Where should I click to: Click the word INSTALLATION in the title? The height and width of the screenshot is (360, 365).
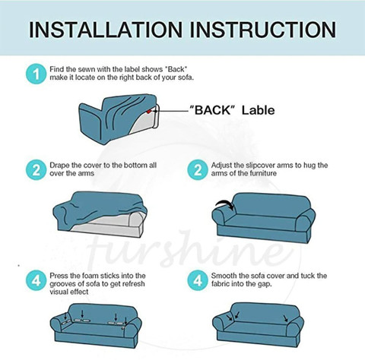click(106, 30)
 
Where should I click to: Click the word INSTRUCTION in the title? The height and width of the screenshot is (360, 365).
click(263, 30)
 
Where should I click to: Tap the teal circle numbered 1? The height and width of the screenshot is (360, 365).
click(36, 74)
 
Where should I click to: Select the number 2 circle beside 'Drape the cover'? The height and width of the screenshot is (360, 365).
click(36, 169)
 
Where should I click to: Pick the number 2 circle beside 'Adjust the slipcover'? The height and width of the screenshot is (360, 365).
click(198, 169)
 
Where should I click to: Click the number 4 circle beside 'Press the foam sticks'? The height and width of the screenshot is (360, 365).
click(36, 280)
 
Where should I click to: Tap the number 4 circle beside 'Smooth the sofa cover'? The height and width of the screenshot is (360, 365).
click(198, 280)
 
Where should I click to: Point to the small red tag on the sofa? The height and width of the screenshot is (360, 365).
click(149, 111)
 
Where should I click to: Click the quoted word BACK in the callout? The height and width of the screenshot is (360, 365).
click(213, 110)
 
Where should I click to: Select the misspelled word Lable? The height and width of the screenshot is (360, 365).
click(259, 110)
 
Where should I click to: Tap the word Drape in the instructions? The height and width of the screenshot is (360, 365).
click(59, 166)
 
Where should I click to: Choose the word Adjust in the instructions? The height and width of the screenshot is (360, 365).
click(221, 166)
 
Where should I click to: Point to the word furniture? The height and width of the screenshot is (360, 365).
click(263, 173)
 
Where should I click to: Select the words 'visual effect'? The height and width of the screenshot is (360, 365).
click(69, 292)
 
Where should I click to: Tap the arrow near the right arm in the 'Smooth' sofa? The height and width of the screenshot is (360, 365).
click(286, 318)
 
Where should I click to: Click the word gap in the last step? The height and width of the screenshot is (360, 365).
click(265, 284)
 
